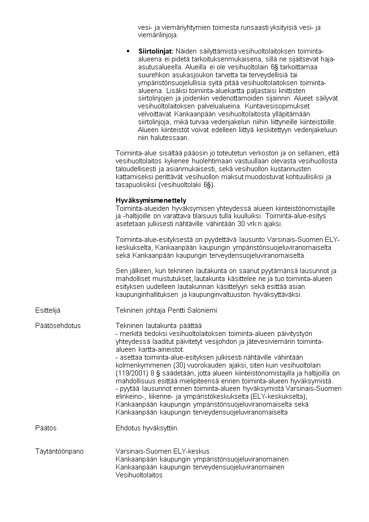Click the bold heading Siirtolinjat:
coord(156,51)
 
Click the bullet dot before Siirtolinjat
coord(128,50)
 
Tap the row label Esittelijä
coord(48,310)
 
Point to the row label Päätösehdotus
coord(58,325)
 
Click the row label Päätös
coord(46,428)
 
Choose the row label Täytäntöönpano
coord(59,451)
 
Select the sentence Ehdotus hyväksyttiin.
coord(147,428)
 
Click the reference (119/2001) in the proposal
coord(131,373)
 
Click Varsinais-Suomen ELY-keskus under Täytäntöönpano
coord(162,451)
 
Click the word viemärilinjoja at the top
coord(158,35)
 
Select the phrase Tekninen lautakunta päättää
coord(158,325)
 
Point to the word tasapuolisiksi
coord(136,185)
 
